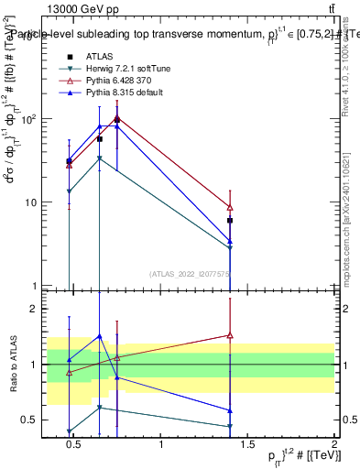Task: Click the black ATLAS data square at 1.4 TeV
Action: pos(230,221)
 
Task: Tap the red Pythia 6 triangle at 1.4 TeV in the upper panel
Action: pos(230,207)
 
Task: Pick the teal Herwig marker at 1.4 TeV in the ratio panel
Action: pos(230,426)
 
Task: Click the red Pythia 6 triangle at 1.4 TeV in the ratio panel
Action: pos(230,335)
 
